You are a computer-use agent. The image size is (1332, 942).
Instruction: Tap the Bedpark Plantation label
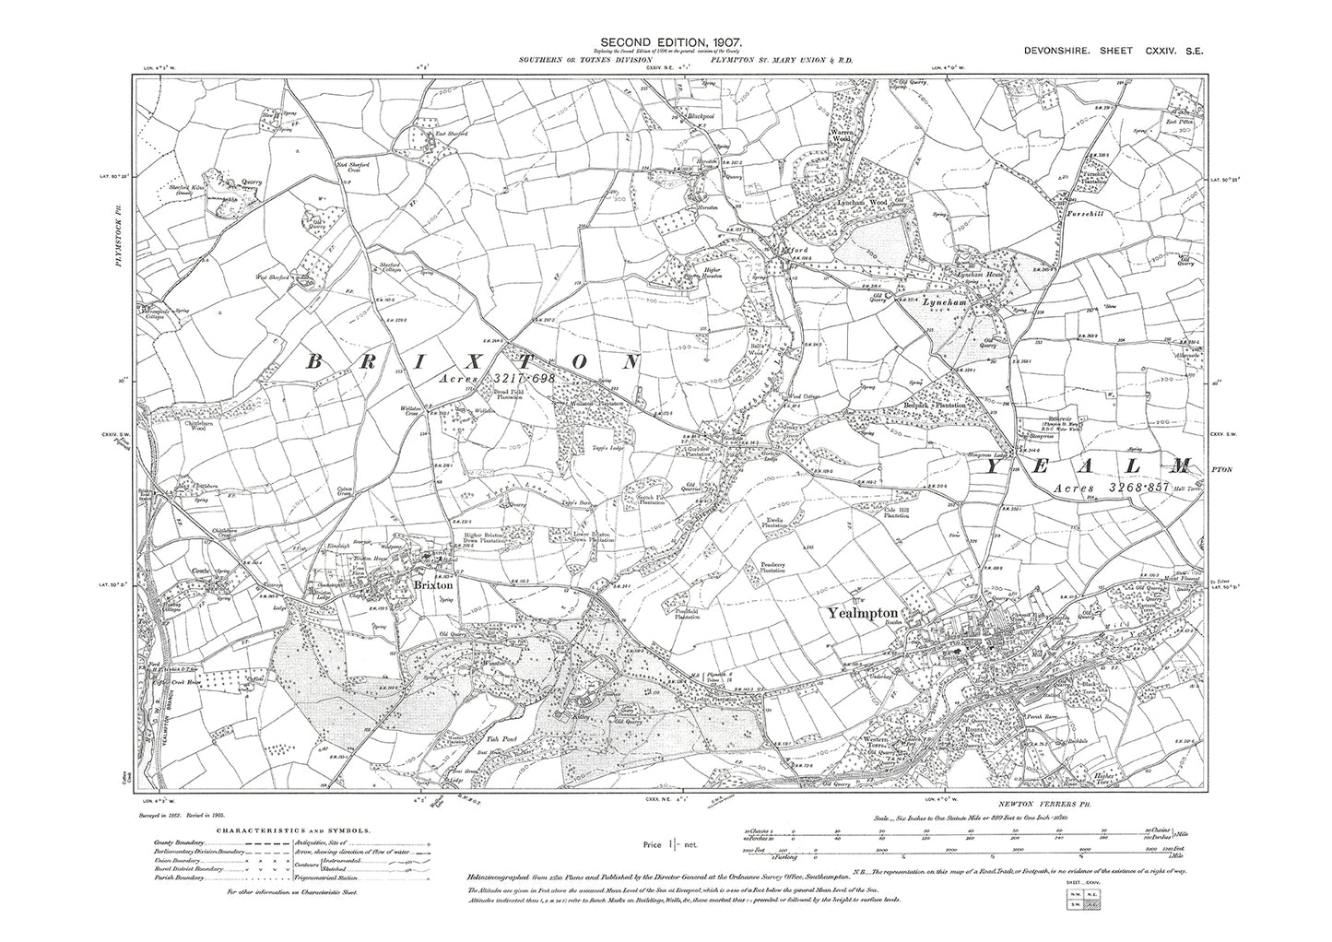pos(939,406)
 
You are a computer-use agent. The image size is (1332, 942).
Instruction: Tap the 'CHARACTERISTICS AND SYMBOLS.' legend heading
pos(298,830)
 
